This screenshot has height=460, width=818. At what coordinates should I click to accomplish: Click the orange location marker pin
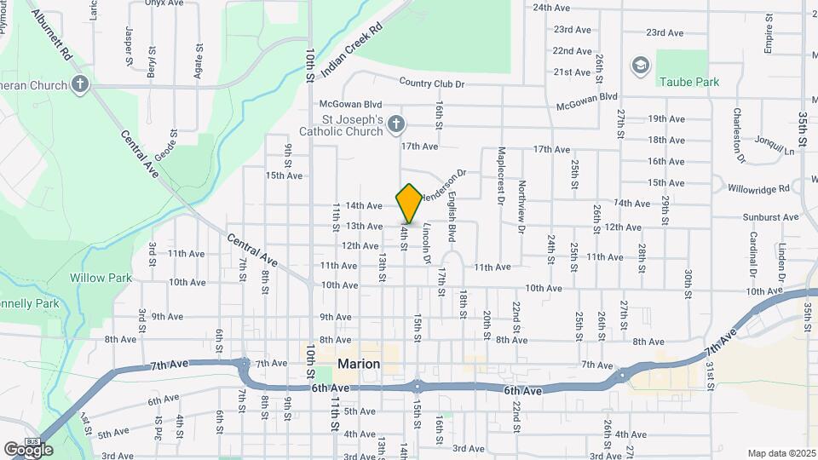coord(409,203)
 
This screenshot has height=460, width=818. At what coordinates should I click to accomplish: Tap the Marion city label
coord(359,364)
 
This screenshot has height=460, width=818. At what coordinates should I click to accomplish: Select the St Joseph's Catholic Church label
coord(340,125)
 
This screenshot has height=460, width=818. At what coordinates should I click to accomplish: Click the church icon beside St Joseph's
coord(395,125)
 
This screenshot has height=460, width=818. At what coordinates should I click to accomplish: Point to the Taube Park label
coord(688,83)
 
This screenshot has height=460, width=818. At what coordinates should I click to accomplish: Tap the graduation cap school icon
coord(640,66)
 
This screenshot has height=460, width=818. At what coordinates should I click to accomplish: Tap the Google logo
coord(27,449)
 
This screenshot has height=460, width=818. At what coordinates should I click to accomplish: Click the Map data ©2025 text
coord(781,453)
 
